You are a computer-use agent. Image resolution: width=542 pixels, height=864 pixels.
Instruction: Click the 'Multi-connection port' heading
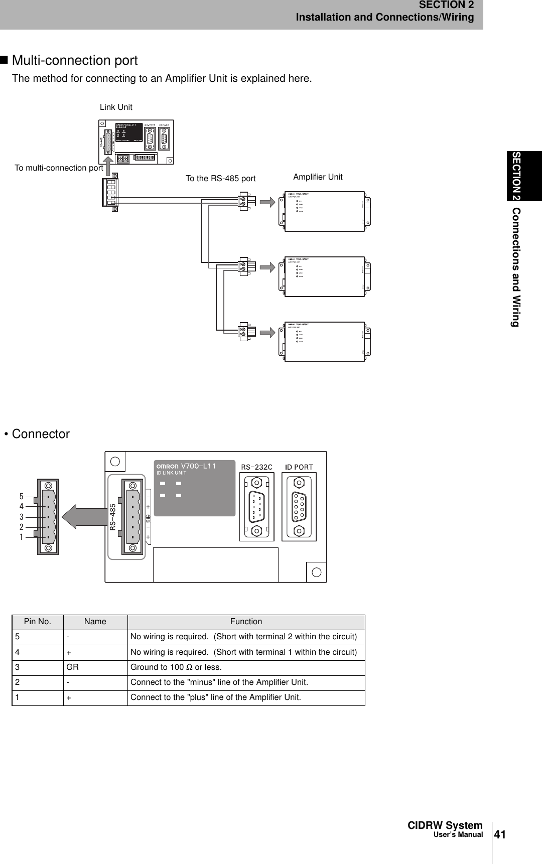[74, 61]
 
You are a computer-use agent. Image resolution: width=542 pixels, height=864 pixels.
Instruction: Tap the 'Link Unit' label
[116, 107]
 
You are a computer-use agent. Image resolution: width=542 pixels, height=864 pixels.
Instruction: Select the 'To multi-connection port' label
[59, 168]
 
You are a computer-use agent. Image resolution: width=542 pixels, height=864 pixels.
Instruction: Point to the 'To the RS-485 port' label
[220, 179]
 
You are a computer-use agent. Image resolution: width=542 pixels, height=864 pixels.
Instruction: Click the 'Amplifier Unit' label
[318, 177]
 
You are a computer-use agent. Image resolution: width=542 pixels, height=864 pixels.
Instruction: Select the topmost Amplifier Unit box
[324, 211]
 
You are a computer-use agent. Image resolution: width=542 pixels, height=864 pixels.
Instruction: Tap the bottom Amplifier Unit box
[324, 341]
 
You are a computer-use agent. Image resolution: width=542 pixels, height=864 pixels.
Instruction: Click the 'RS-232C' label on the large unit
[256, 467]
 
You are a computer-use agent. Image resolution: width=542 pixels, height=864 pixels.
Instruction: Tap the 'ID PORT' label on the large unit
[299, 467]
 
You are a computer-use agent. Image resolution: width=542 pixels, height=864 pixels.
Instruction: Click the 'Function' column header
[246, 622]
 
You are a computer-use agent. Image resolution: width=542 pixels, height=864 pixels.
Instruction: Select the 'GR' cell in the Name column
[72, 667]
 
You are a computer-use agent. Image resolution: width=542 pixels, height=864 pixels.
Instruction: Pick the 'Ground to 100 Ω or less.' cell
[176, 667]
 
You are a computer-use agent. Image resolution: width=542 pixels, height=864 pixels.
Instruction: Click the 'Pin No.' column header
[38, 622]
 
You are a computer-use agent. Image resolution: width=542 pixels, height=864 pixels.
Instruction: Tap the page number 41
[500, 835]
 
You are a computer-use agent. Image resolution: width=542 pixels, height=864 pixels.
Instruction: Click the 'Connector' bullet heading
[40, 434]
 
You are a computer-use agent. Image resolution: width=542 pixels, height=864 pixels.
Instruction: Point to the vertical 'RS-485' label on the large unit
[113, 517]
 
